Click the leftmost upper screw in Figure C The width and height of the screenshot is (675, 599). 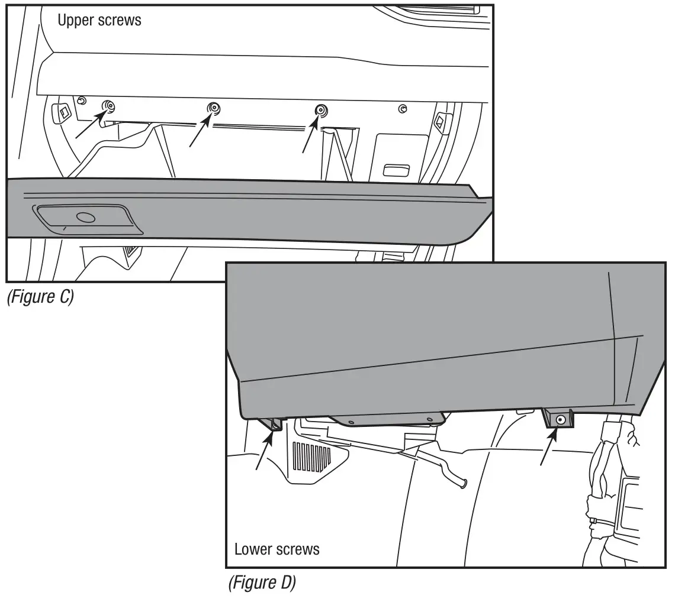[110, 107]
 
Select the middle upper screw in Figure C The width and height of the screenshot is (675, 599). [214, 108]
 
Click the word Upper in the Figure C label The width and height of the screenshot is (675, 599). [75, 20]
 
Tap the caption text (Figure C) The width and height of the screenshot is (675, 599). [40, 297]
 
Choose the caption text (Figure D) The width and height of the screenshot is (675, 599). [262, 583]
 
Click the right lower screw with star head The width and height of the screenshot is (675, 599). [561, 419]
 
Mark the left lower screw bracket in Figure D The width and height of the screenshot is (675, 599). [276, 423]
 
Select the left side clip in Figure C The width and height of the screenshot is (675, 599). [62, 112]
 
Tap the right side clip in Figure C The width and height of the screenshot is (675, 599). [440, 122]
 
